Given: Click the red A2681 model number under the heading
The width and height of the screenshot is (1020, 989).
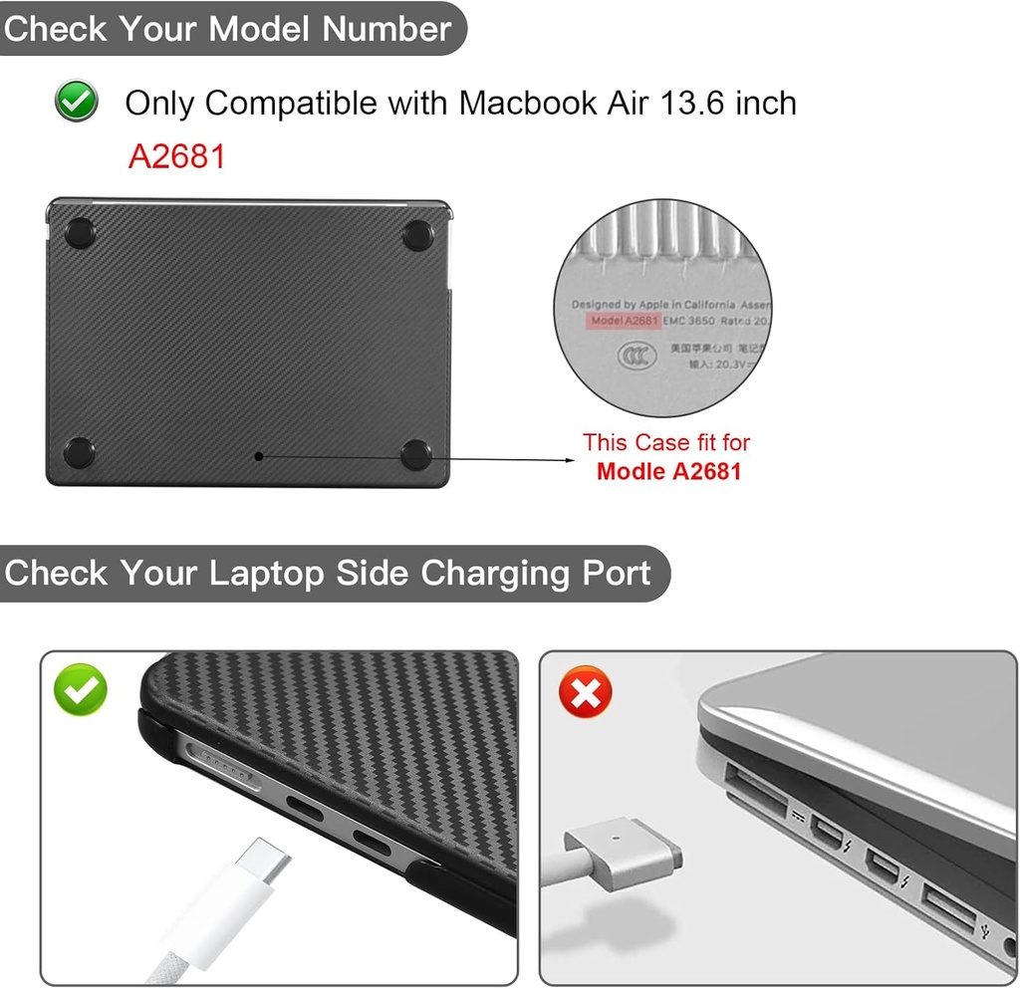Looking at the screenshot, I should pyautogui.click(x=176, y=156).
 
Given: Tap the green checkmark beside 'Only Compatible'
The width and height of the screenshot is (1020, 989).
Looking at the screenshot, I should pyautogui.click(x=77, y=102).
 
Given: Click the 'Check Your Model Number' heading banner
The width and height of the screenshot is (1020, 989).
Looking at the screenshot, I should pyautogui.click(x=228, y=28).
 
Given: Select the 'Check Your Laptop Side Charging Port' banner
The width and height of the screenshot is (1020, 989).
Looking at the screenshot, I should pyautogui.click(x=328, y=574).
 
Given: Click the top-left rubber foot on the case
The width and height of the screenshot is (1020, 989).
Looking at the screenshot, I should pyautogui.click(x=80, y=234).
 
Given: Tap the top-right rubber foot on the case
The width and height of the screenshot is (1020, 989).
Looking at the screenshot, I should pyautogui.click(x=417, y=235).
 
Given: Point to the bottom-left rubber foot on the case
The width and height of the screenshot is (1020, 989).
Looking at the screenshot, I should pyautogui.click(x=80, y=453).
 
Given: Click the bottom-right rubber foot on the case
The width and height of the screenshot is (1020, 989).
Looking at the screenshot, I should pyautogui.click(x=416, y=454).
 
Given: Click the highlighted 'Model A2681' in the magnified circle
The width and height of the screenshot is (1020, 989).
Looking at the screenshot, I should pyautogui.click(x=624, y=321).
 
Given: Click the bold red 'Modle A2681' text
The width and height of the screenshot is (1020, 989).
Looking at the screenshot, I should pyautogui.click(x=668, y=471).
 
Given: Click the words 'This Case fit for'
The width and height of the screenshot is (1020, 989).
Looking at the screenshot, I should pyautogui.click(x=666, y=442).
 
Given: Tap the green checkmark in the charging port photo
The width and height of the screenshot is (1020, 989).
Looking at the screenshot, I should pyautogui.click(x=81, y=689).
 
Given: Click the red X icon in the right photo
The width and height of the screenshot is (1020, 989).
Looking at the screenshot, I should pyautogui.click(x=585, y=691).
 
